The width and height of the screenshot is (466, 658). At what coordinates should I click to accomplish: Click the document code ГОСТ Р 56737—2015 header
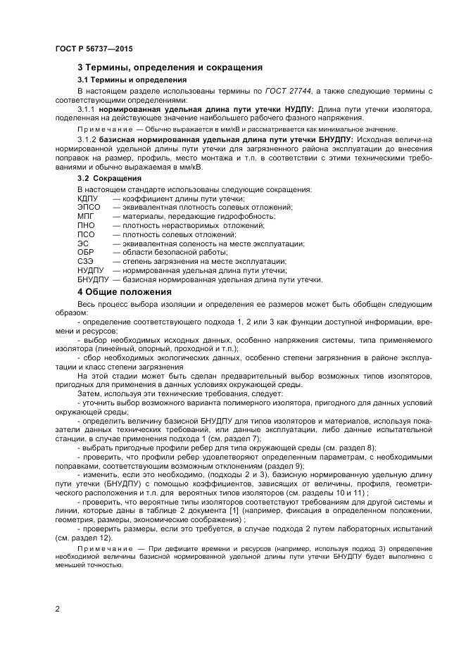(x=93, y=49)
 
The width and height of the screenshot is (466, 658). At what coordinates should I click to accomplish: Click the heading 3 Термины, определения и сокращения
(x=170, y=68)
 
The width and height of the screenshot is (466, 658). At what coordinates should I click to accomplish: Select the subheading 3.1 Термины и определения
(x=127, y=80)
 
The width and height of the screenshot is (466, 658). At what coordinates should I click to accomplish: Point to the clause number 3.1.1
(x=86, y=110)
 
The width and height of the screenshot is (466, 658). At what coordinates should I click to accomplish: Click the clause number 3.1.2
(x=86, y=139)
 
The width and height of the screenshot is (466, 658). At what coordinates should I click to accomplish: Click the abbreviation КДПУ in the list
(x=89, y=198)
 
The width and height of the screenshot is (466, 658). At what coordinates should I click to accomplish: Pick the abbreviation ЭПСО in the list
(x=89, y=208)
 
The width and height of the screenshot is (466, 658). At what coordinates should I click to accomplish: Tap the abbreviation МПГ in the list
(x=85, y=217)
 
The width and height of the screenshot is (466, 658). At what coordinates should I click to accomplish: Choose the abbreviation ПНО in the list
(x=85, y=225)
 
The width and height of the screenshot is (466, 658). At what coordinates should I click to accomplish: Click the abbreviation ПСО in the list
(x=85, y=234)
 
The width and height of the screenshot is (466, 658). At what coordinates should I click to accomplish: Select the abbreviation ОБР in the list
(x=85, y=252)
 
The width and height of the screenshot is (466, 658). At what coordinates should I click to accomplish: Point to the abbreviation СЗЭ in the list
(x=85, y=261)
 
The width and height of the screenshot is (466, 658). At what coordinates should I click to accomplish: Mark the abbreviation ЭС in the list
(x=82, y=243)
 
